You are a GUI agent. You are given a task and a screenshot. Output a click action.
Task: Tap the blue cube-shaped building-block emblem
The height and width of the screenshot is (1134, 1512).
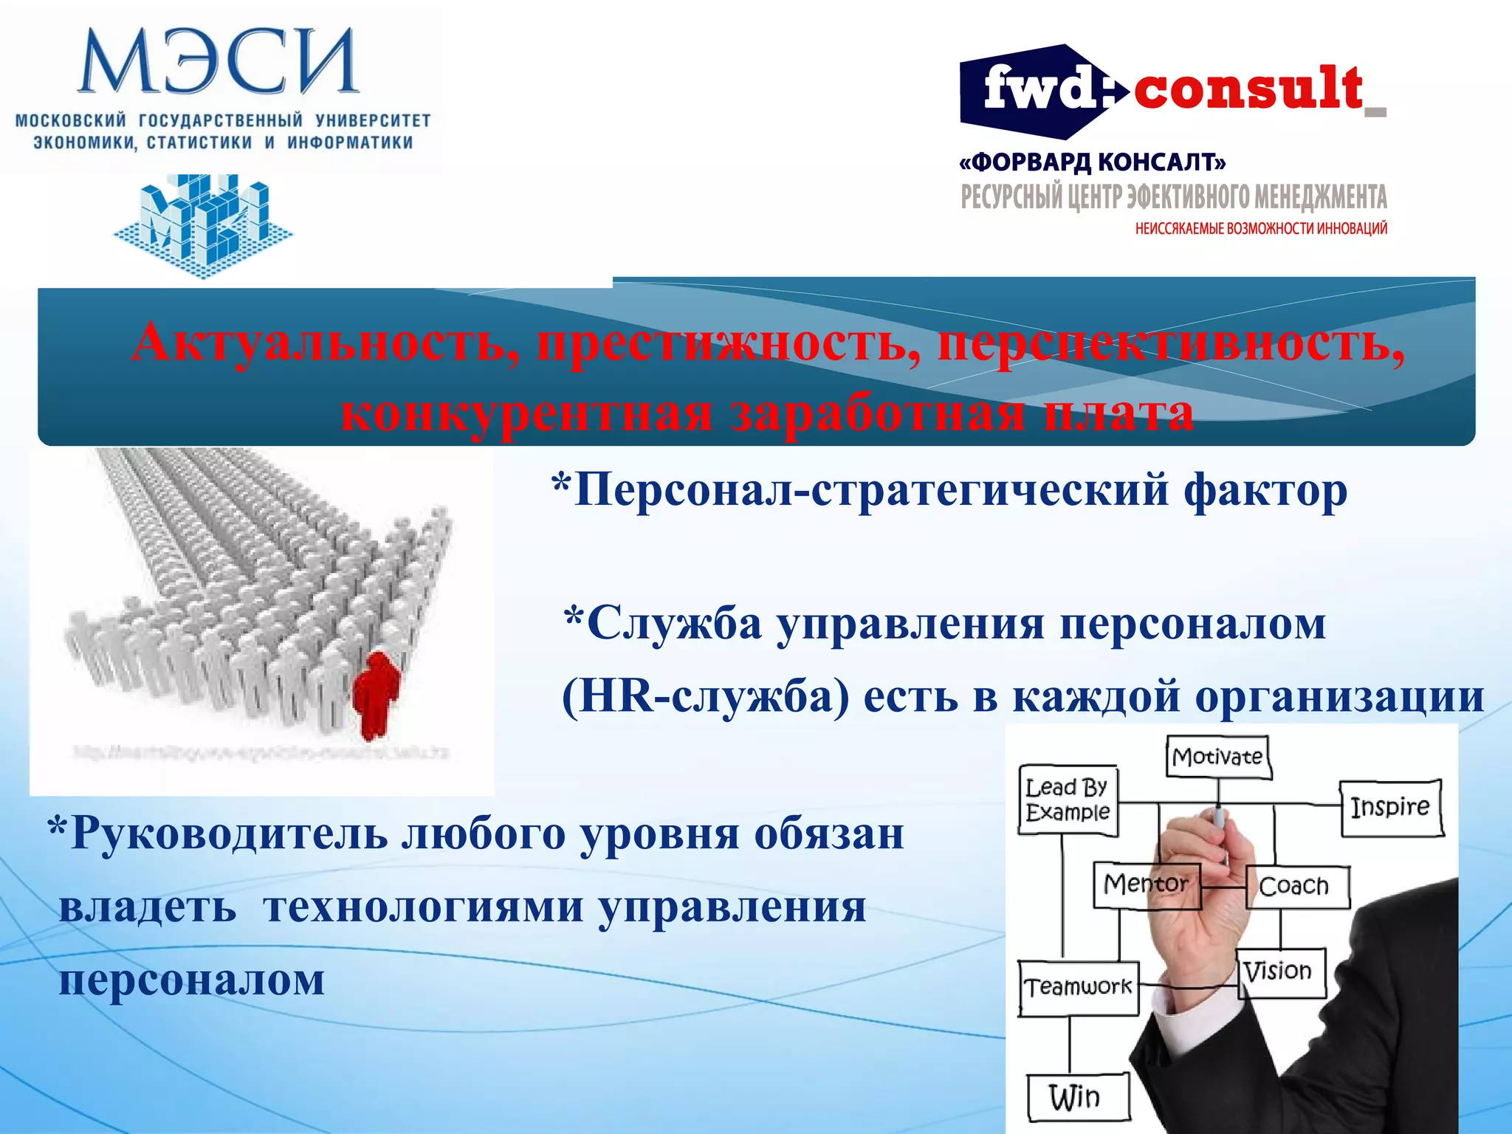click(203, 221)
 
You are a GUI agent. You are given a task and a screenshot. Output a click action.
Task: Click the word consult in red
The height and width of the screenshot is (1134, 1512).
click(1248, 89)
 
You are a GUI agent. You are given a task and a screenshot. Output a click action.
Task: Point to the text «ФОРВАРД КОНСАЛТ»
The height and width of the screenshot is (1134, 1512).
click(1093, 162)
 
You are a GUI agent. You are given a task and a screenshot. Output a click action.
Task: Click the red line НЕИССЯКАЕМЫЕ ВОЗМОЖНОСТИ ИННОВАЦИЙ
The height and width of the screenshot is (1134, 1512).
click(1261, 229)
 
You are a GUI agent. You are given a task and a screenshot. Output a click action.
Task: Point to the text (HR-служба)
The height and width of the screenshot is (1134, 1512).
click(705, 695)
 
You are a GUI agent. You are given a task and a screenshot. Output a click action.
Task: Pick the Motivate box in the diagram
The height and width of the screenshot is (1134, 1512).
click(1218, 756)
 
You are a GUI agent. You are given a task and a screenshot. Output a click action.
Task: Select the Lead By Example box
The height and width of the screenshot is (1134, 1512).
click(1068, 800)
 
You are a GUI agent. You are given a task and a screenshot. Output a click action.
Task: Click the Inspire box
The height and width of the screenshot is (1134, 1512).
click(1391, 807)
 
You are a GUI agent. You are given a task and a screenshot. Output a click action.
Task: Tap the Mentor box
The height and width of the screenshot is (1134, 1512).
click(1146, 884)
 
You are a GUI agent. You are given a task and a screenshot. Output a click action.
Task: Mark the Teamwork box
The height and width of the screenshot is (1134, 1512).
click(1078, 987)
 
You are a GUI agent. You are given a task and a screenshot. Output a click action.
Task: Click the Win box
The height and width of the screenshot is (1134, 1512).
click(1076, 1097)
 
